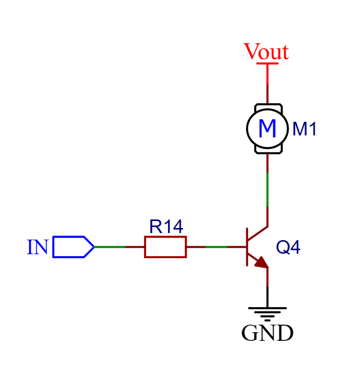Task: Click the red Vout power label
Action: click(266, 52)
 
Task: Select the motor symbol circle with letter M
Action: click(267, 129)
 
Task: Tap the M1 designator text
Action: click(305, 129)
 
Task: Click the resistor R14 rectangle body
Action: click(165, 247)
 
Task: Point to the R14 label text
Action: click(166, 227)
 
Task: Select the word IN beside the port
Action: click(38, 247)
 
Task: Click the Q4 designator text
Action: click(289, 247)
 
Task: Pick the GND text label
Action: click(267, 333)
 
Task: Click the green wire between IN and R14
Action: click(109, 247)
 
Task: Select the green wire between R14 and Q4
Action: click(216, 247)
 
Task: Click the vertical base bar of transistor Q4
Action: click(247, 247)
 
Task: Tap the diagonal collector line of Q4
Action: click(258, 233)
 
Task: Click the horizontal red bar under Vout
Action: click(267, 63)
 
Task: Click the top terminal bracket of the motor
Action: click(267, 106)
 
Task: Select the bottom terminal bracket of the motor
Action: click(267, 151)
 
